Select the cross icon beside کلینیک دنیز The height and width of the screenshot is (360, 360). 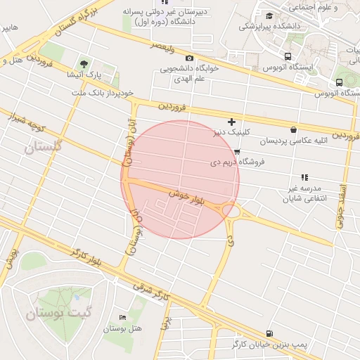pyautogui.click(x=231, y=122)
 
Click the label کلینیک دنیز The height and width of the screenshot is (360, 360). pyautogui.click(x=231, y=131)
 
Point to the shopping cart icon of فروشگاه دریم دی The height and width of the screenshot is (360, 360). pyautogui.click(x=237, y=151)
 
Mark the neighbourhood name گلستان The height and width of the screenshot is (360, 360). pyautogui.click(x=43, y=147)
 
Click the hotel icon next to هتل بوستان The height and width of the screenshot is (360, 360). pyautogui.click(x=124, y=319)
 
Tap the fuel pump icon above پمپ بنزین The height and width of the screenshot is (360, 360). pyautogui.click(x=269, y=333)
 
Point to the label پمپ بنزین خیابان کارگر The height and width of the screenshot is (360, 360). pyautogui.click(x=270, y=345)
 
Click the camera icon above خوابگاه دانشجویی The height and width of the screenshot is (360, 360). pyautogui.click(x=188, y=58)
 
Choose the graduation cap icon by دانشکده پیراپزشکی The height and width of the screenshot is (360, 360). pyautogui.click(x=269, y=15)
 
